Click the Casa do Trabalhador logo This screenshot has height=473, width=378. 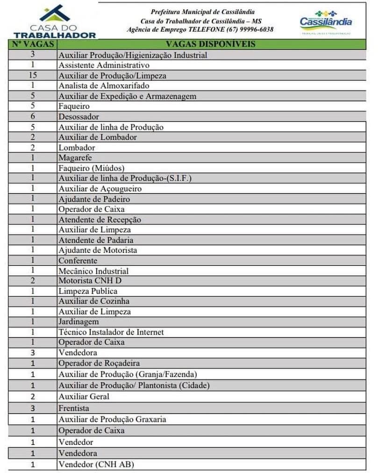click(55, 21)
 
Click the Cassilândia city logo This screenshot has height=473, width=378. click(326, 21)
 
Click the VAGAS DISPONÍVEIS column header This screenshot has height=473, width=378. click(211, 44)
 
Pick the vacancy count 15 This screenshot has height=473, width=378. click(33, 75)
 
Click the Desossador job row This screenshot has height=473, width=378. click(78, 116)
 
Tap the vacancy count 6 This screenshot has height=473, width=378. click(33, 116)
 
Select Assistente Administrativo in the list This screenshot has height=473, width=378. click(104, 65)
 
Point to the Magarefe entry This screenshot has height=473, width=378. click(75, 158)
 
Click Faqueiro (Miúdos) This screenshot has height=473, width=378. click(92, 168)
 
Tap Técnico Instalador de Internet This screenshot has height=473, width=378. click(111, 332)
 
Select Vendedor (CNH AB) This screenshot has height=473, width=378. click(97, 465)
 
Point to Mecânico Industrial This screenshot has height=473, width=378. click(93, 271)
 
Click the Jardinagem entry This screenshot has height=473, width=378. click(78, 322)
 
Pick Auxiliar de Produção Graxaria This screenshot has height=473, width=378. click(112, 419)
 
